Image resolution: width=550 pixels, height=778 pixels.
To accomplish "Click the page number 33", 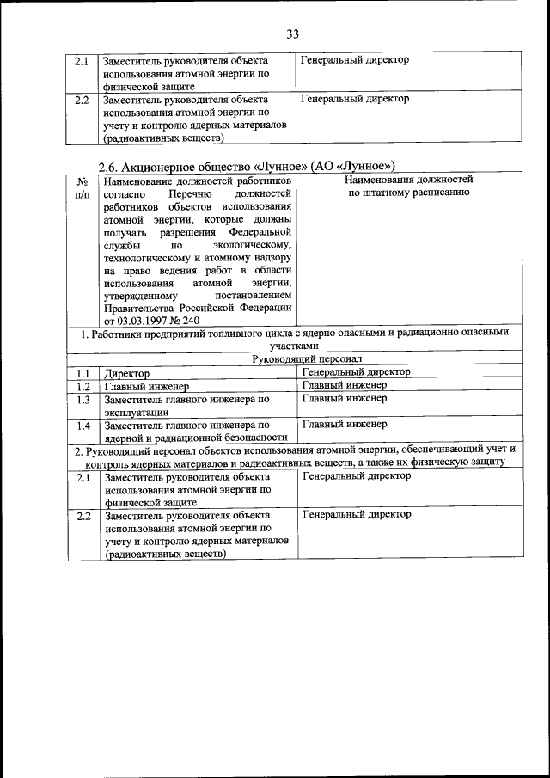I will pos(292,34).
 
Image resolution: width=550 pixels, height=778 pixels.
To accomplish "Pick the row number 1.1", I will pos(82,374).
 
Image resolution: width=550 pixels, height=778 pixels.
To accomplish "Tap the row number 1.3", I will pos(82,400).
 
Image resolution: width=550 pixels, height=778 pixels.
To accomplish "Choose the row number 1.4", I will pos(82,426).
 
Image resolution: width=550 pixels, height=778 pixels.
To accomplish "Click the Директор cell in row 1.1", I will pos(126,374).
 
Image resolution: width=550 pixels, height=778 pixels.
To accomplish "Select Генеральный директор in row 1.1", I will pos(356,372).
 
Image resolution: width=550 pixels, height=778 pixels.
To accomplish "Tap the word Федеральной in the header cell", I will pos(261,233).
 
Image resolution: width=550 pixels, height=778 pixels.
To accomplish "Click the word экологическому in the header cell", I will pos(248,246).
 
